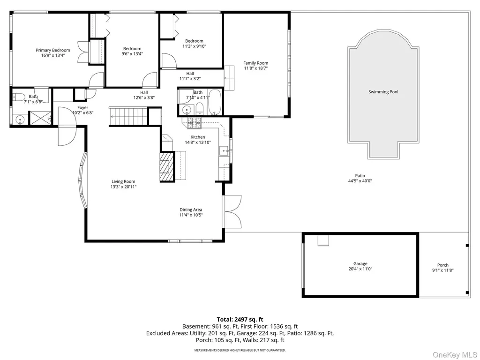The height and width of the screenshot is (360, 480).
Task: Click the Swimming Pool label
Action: (383, 92)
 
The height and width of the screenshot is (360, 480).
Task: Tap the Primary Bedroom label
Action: (53, 50)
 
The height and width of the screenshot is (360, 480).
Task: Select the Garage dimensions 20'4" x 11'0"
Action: (360, 269)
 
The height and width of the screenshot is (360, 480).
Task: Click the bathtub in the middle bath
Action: (215, 102)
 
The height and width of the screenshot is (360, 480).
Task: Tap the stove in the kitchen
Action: (195, 123)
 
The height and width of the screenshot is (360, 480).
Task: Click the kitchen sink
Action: (225, 151)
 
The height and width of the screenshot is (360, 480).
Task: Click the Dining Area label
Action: (191, 210)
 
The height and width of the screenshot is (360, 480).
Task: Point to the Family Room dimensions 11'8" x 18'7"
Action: (255, 68)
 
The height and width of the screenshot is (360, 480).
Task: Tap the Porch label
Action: (442, 265)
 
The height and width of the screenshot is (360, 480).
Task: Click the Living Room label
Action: (123, 181)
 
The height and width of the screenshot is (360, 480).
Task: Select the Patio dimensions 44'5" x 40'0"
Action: (360, 181)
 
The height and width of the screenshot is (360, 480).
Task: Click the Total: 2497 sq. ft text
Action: (240, 320)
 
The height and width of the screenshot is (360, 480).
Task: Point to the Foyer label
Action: (82, 108)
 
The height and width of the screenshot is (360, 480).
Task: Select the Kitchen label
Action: (198, 137)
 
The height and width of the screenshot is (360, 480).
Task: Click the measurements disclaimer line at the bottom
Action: (240, 350)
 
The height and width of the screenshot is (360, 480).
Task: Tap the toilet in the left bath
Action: (19, 97)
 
